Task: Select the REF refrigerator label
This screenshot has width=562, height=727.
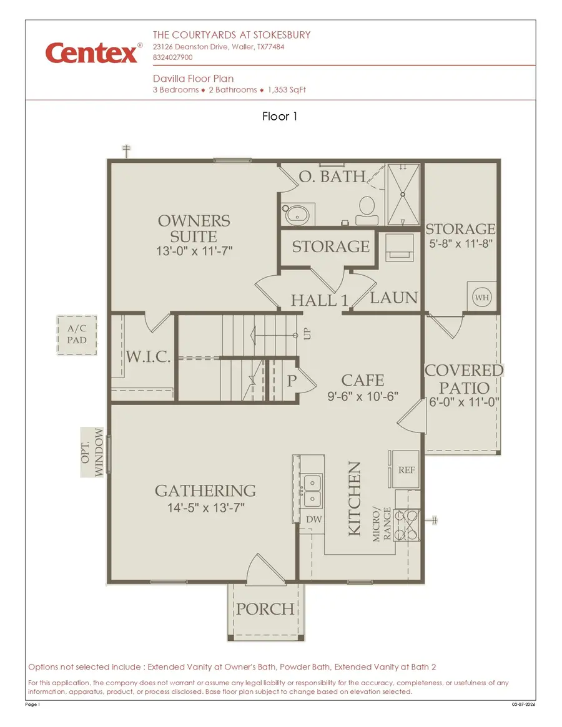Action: click(x=407, y=471)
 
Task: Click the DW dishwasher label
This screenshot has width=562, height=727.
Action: click(x=313, y=519)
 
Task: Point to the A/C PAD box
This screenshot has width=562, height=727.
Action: click(x=77, y=334)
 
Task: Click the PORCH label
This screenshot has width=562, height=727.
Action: click(x=265, y=609)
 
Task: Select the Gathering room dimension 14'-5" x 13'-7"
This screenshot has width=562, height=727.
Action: click(x=205, y=509)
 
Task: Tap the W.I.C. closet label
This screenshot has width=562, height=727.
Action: click(x=149, y=357)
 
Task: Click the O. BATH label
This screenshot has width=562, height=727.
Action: click(x=332, y=177)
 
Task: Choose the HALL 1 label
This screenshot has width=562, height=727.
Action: click(x=319, y=300)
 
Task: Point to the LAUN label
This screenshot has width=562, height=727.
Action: click(x=393, y=298)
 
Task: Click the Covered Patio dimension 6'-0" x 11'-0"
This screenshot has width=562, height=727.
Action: click(x=463, y=403)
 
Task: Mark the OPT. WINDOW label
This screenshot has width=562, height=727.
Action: click(x=92, y=452)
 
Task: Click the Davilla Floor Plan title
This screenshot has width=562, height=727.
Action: click(x=194, y=79)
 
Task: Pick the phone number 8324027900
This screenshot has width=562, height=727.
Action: click(x=173, y=57)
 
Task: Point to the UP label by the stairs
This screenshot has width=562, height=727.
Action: click(x=307, y=334)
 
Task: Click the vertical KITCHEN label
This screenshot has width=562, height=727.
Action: click(x=354, y=498)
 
